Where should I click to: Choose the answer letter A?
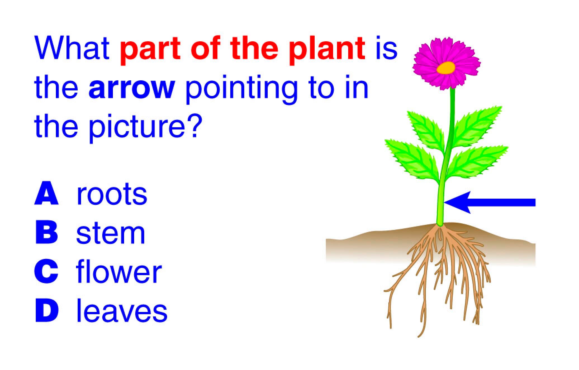point(47,193)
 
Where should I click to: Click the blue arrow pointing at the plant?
point(490,202)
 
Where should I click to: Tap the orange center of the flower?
point(446,68)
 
